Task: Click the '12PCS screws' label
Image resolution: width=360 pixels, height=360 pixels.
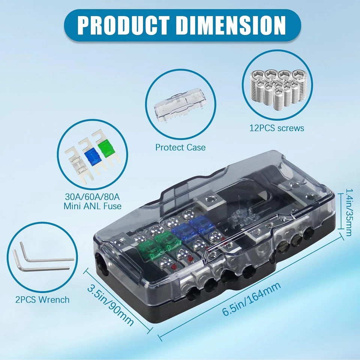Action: coord(277,128)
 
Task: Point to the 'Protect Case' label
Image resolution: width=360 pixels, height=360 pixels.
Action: coord(180,147)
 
